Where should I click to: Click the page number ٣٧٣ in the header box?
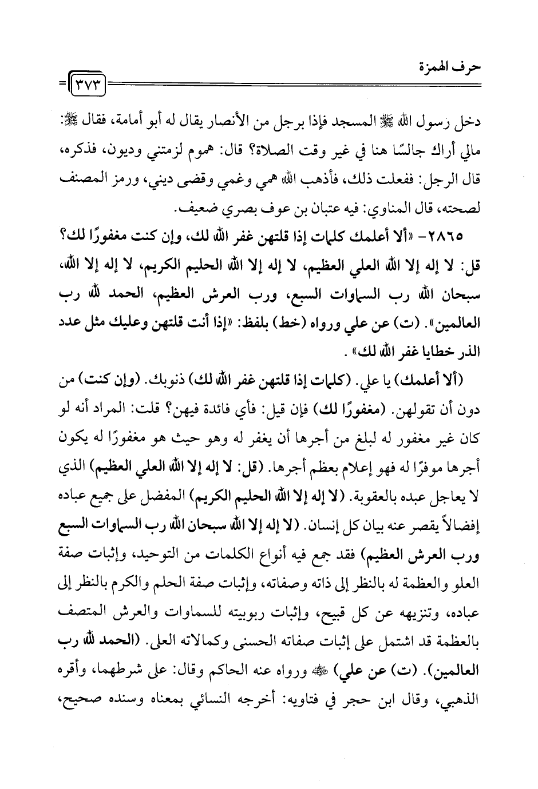[91, 89]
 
